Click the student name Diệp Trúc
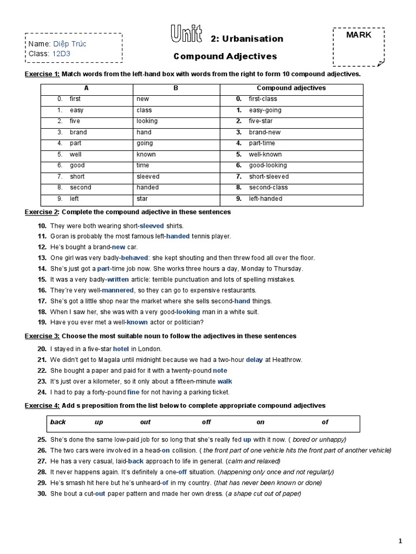click(69, 44)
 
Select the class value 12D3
click(61, 54)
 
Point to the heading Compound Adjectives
click(225, 56)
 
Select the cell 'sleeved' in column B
click(148, 176)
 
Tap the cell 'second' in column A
click(80, 187)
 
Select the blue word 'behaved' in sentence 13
click(134, 258)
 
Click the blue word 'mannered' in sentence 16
click(118, 291)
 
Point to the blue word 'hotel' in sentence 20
click(121, 349)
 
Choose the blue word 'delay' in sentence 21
click(254, 360)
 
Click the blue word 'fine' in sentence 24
click(133, 392)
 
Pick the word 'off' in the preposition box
click(206, 422)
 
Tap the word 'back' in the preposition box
click(57, 422)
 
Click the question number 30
click(42, 493)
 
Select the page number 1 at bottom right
click(400, 540)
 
